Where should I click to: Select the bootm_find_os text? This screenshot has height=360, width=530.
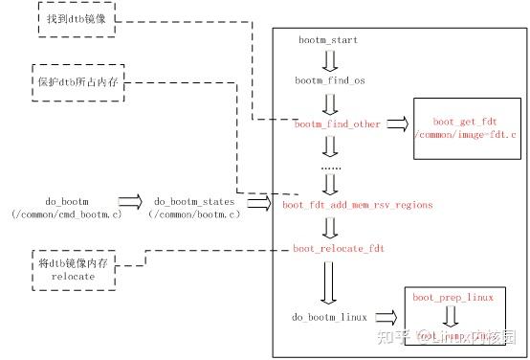click(x=330, y=82)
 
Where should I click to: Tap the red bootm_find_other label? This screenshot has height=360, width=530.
click(x=337, y=124)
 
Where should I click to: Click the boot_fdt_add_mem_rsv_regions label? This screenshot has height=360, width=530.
click(x=358, y=205)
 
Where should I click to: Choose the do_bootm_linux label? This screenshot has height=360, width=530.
click(x=330, y=316)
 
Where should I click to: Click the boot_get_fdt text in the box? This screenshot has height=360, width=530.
click(x=461, y=123)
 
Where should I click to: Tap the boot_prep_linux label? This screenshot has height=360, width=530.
click(x=453, y=298)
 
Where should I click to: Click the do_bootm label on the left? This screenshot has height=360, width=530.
click(x=63, y=202)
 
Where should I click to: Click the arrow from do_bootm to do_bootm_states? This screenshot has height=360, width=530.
click(x=129, y=202)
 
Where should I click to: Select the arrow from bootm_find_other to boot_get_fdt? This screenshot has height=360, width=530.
click(x=396, y=124)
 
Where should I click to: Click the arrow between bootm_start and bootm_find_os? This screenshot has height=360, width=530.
click(x=330, y=62)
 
